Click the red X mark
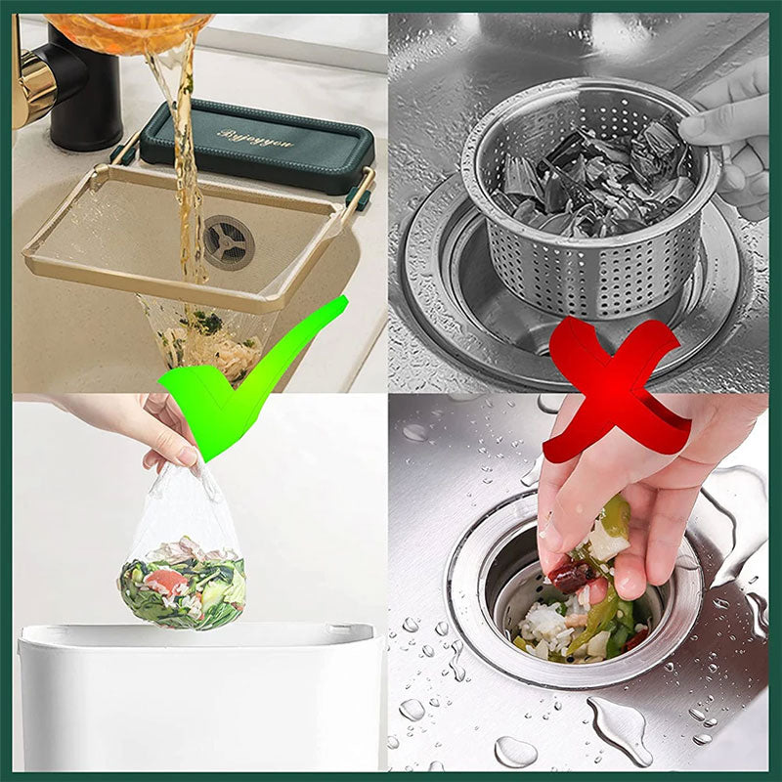[616, 391]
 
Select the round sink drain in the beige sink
[228, 241]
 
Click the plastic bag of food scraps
[183, 567]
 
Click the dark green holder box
[256, 147]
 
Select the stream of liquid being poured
[186, 147]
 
